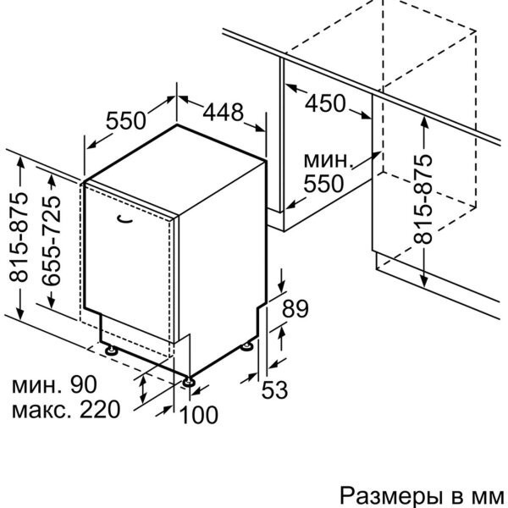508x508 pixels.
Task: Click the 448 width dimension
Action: pyautogui.click(x=224, y=111)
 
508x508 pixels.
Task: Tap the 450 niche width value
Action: pyautogui.click(x=326, y=102)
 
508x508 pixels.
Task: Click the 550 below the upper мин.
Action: pyautogui.click(x=325, y=183)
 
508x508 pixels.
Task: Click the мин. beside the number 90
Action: pyautogui.click(x=37, y=386)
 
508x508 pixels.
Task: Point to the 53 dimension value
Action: pyautogui.click(x=274, y=390)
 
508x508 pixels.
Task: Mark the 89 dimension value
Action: pyautogui.click(x=295, y=310)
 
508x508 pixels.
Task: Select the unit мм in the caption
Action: pyautogui.click(x=489, y=494)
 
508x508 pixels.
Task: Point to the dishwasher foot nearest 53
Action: pyautogui.click(x=248, y=346)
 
